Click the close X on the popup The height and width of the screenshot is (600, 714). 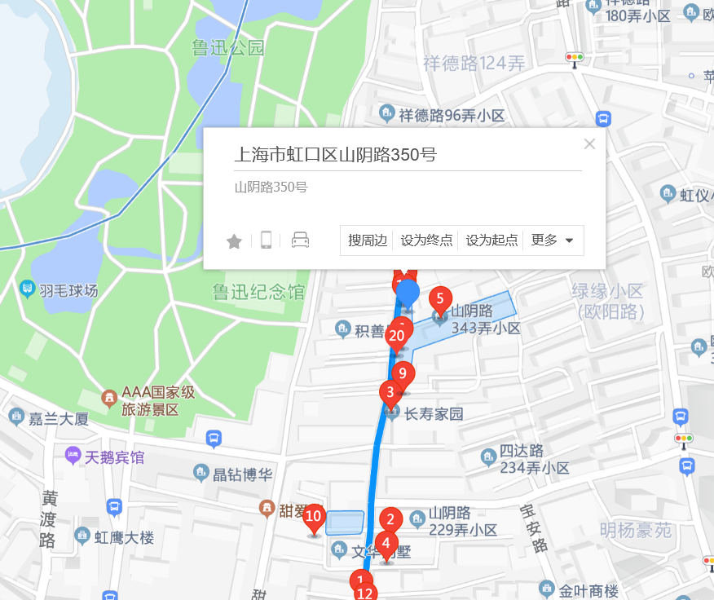point(590,144)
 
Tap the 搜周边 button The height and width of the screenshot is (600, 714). point(368,240)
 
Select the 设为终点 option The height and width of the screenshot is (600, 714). point(426,240)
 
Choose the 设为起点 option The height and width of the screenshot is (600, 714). point(491,240)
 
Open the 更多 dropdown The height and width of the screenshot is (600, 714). point(553,240)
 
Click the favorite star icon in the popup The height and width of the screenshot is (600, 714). point(234,241)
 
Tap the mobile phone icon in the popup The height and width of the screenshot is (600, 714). point(266,240)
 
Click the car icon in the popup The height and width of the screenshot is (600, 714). point(300,240)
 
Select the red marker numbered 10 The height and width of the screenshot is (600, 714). point(314,517)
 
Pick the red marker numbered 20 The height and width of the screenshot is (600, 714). point(397,336)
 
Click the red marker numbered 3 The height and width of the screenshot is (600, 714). point(390,394)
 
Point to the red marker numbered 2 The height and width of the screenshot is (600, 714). point(390,520)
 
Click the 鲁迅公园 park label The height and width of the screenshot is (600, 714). point(228,48)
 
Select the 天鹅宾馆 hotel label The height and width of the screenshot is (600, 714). point(106,457)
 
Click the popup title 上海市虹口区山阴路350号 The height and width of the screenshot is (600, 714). point(336,155)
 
